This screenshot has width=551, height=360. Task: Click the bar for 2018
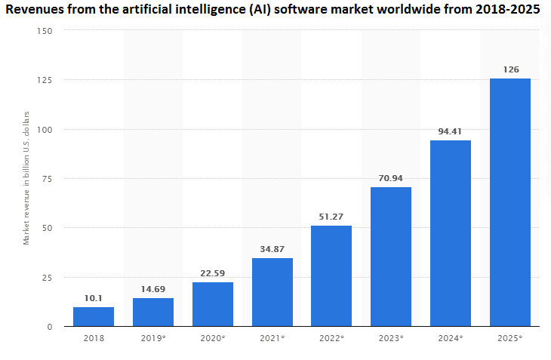coord(94,316)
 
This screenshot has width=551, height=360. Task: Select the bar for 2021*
coord(272,292)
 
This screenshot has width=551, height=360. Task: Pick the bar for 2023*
coord(391,257)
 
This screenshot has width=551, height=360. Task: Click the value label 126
coord(510,69)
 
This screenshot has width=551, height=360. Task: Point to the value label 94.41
coord(451,131)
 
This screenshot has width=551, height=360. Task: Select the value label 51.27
coord(331,217)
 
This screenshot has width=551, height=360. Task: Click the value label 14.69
coord(153,289)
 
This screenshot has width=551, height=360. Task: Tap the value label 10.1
coord(94,298)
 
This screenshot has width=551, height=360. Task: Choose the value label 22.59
coord(213,273)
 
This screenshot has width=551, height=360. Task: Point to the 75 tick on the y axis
coord(48,179)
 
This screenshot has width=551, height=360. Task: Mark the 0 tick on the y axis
coord(51,327)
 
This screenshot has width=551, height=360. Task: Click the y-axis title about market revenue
coord(26,178)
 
